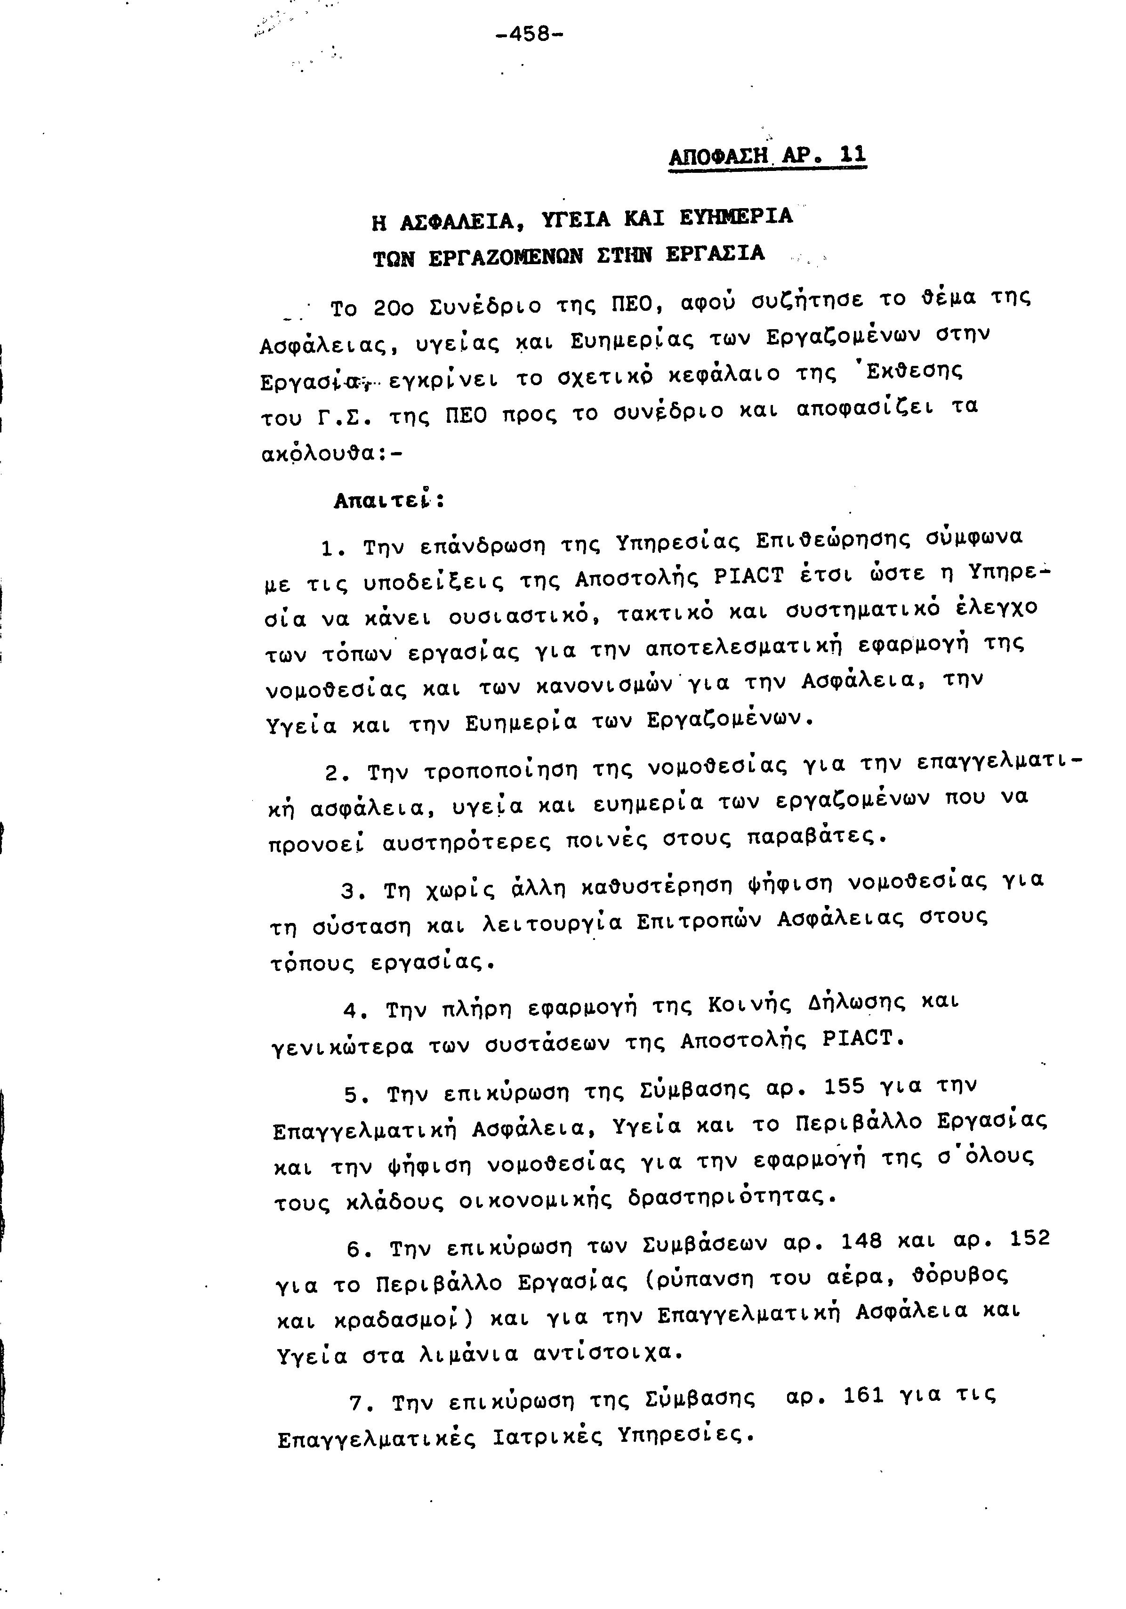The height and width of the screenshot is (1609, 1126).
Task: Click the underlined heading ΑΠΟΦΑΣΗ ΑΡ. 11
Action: tap(767, 155)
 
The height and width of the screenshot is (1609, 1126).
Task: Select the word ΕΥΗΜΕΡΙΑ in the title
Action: tap(736, 217)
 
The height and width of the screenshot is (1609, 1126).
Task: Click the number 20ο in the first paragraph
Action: tap(393, 307)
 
